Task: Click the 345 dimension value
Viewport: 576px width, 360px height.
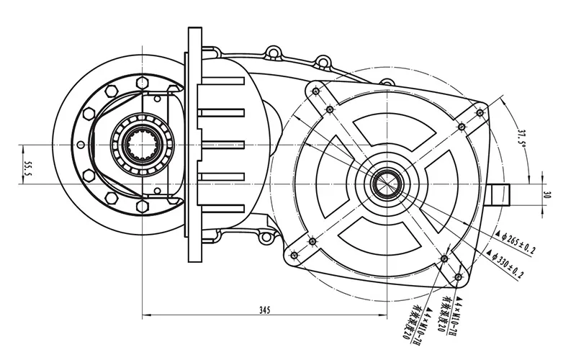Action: click(264, 310)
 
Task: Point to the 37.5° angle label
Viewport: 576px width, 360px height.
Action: click(523, 135)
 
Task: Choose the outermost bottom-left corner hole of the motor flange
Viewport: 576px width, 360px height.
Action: click(294, 253)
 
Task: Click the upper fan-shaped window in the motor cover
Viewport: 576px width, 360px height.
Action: click(390, 130)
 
